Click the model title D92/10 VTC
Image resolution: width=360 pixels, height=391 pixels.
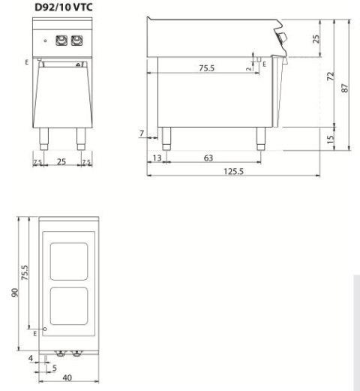point(63,8)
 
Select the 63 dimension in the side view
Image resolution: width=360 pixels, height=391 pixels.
point(209,158)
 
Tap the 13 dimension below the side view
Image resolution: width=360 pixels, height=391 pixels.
point(157,158)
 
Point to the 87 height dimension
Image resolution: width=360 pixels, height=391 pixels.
point(345,87)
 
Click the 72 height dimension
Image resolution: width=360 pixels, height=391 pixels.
point(330,78)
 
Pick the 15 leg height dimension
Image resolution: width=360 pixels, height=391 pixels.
point(330,139)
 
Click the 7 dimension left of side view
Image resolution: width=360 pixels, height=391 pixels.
point(142,133)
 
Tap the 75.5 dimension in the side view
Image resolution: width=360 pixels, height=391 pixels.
point(206,68)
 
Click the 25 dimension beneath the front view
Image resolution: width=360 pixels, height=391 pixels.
point(62,161)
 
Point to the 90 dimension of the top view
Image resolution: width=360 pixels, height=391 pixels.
point(14,293)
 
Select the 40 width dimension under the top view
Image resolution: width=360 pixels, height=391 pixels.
point(66,379)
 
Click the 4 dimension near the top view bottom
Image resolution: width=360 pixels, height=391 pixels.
point(30,358)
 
